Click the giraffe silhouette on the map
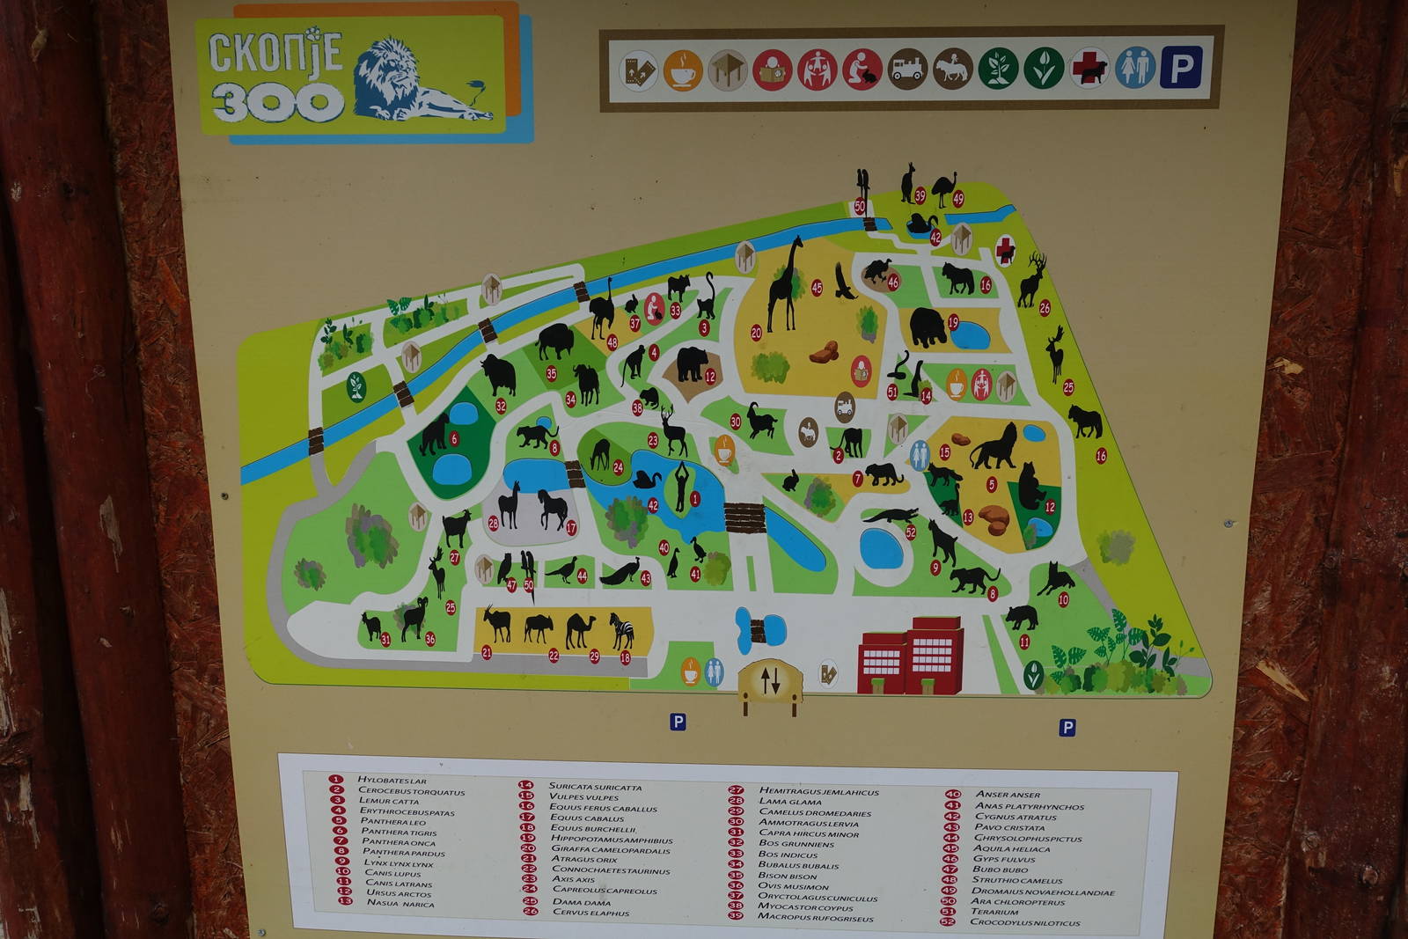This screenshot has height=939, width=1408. (785, 283)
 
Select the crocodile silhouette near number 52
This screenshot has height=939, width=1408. (891, 516)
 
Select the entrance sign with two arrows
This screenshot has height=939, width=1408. (770, 679)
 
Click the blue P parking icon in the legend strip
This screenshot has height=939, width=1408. (1180, 68)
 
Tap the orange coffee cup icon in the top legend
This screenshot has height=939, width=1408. (683, 70)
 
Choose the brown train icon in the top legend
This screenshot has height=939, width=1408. (907, 70)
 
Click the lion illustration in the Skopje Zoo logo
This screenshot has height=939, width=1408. (414, 81)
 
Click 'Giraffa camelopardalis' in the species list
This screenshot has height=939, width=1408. (611, 850)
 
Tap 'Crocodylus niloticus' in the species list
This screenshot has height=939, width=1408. (1025, 923)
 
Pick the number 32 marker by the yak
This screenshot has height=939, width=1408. (501, 406)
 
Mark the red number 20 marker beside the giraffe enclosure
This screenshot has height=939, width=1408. (756, 333)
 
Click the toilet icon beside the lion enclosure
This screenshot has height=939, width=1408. (919, 454)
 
